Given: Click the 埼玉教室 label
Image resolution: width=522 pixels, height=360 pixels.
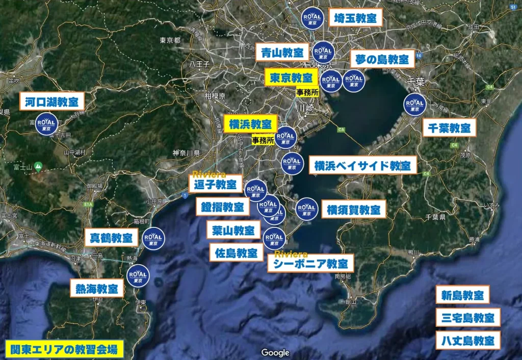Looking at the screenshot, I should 355,19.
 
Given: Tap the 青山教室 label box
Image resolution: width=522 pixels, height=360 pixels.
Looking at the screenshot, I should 282,52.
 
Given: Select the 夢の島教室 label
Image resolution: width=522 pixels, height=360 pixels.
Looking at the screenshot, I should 382,59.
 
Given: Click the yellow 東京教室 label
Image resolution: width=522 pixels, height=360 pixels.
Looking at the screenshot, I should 291,78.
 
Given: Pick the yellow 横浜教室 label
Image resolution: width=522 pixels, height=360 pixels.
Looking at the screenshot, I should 250,124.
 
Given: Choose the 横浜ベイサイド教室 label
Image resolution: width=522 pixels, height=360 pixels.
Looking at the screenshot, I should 362,165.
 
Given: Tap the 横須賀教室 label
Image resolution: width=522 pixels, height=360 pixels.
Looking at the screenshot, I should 353,209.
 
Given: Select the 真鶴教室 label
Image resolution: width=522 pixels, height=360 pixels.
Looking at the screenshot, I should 111,238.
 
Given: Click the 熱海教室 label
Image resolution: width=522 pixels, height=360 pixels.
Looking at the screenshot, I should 97,289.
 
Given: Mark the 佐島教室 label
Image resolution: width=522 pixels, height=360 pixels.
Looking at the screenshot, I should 236,252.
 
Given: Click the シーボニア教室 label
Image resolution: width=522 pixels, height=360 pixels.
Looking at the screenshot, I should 310,264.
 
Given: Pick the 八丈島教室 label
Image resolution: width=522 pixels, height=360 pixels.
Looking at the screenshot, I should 467,340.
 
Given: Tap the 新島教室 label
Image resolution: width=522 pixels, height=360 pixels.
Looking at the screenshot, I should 462,295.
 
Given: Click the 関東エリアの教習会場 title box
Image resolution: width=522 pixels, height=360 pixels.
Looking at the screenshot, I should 64,349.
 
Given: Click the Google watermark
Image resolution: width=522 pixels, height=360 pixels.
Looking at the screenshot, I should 275,352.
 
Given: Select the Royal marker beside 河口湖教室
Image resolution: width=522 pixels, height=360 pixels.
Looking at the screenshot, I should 46,124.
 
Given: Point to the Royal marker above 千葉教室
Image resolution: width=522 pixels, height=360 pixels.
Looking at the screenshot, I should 414,104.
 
